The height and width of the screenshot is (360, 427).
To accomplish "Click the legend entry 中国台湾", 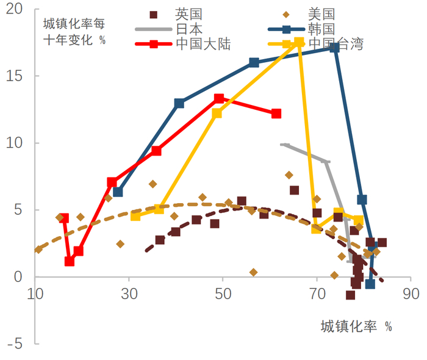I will coord(335,43).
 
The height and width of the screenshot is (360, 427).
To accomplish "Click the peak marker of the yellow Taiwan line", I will coord(299,42).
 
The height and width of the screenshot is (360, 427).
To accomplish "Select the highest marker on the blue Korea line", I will coord(335,48).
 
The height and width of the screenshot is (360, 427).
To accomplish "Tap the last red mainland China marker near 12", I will coord(276,113).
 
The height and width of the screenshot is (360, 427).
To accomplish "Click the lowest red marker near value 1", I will coord(70,261).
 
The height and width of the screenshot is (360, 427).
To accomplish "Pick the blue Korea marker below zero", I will coord(370,284).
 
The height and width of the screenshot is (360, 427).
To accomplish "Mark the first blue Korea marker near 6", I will coord(118,192).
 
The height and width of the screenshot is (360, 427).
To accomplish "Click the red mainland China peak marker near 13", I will coord(219,98).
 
